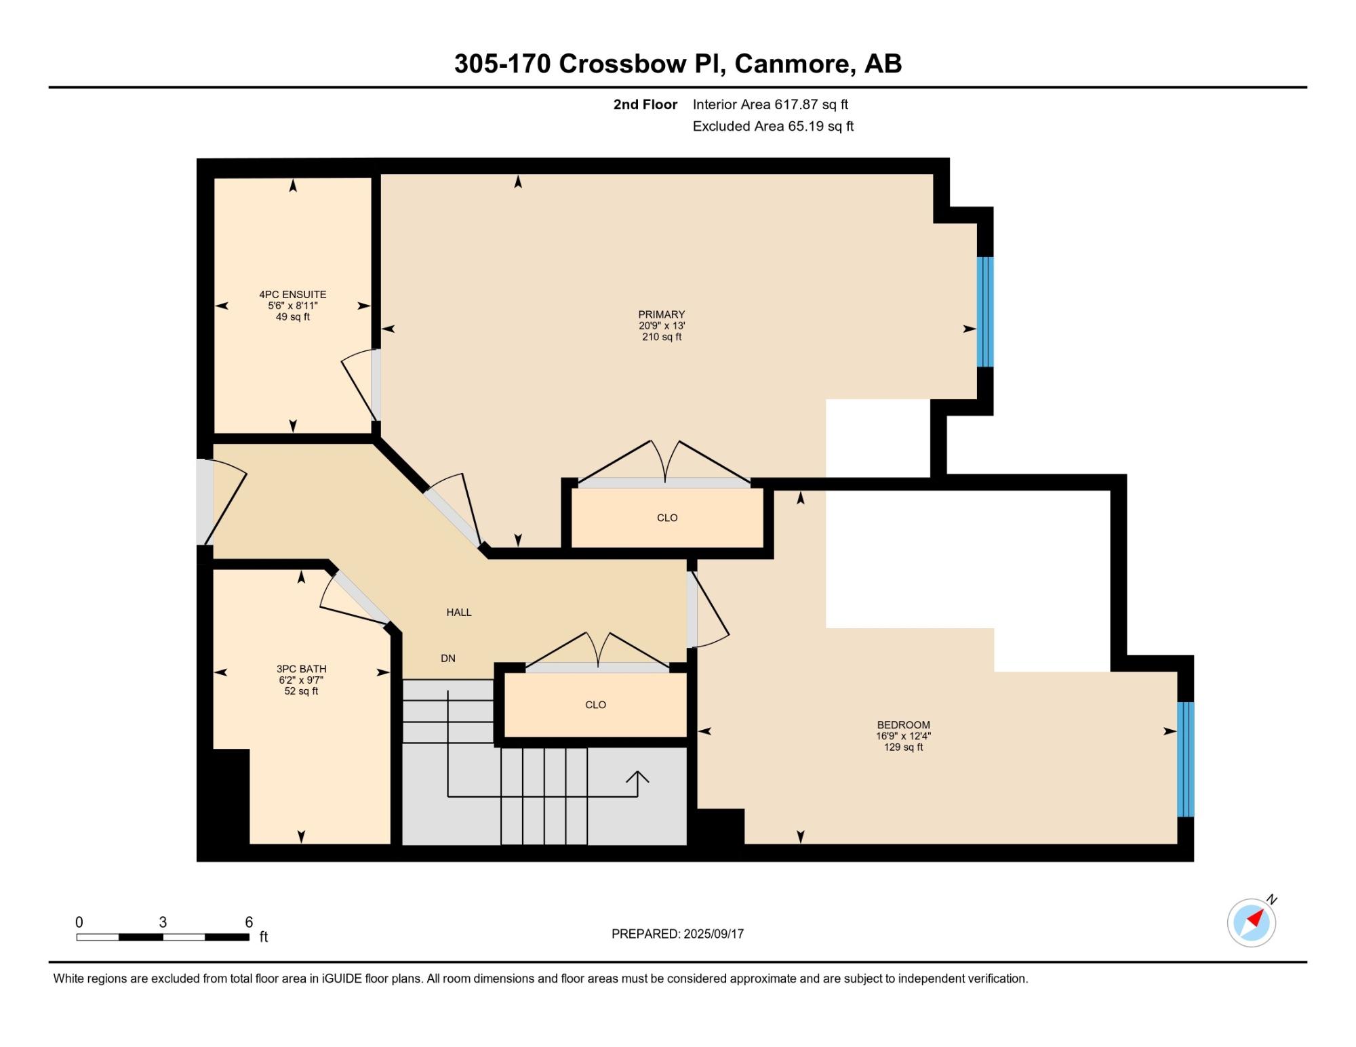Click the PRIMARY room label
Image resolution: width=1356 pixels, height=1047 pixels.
click(x=661, y=314)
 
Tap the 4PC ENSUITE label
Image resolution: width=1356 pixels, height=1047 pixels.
click(x=293, y=294)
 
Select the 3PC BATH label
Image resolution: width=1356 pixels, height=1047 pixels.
click(x=301, y=669)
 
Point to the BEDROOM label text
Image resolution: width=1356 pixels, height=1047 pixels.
click(x=903, y=724)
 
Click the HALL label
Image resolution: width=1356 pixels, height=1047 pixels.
click(x=459, y=612)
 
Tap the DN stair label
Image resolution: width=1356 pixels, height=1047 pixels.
click(x=448, y=658)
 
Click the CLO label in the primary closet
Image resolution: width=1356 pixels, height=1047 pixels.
click(x=667, y=518)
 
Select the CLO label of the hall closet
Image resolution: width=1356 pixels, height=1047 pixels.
click(x=595, y=705)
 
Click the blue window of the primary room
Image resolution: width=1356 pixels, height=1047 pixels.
click(x=985, y=312)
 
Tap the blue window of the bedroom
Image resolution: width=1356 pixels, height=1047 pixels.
click(x=1185, y=760)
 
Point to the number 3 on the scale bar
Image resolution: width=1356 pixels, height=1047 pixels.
click(x=163, y=922)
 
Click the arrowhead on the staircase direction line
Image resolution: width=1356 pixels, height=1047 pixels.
click(x=637, y=777)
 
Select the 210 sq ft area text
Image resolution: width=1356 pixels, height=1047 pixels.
click(x=662, y=337)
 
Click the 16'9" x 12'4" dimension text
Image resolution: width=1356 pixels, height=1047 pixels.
click(x=903, y=736)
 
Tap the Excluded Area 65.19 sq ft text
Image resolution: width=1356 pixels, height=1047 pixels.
click(x=773, y=126)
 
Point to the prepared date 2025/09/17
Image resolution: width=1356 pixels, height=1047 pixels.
click(x=714, y=934)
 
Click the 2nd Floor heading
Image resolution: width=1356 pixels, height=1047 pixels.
click(x=645, y=104)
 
